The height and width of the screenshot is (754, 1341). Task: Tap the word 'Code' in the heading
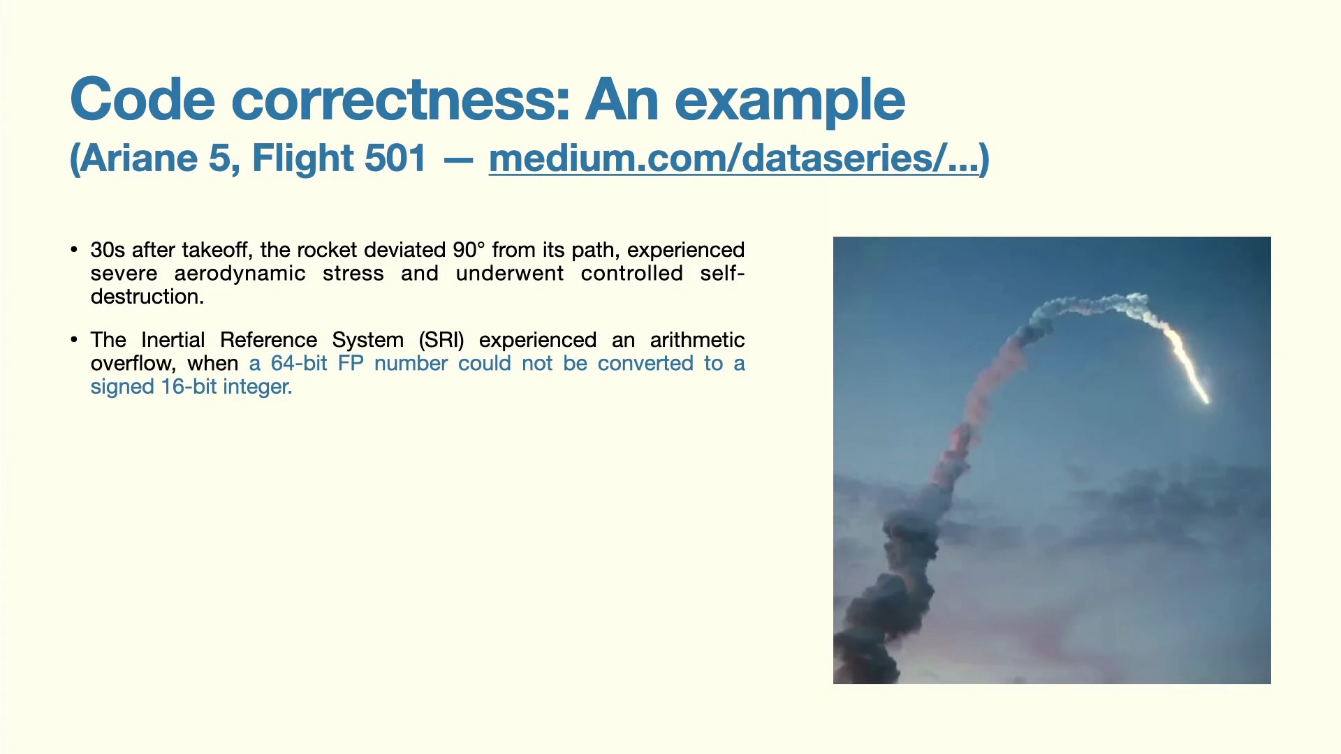tap(142, 99)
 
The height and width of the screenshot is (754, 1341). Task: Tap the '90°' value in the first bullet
tap(469, 250)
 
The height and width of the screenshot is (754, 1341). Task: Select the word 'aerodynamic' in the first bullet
tap(240, 274)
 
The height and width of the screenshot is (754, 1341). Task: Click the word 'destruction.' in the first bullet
tap(147, 297)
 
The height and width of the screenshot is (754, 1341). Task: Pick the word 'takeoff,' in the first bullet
tap(217, 250)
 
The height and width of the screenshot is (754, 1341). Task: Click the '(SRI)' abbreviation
tap(441, 340)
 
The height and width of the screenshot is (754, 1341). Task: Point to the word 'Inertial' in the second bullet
tap(173, 340)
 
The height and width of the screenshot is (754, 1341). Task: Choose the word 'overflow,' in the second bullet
tap(133, 364)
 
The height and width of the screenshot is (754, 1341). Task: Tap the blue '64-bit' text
tap(299, 364)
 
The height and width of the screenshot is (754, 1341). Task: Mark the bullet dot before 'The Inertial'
tap(74, 340)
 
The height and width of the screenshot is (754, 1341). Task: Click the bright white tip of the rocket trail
tap(1205, 399)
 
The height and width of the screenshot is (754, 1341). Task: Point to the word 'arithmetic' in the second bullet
tap(697, 340)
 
